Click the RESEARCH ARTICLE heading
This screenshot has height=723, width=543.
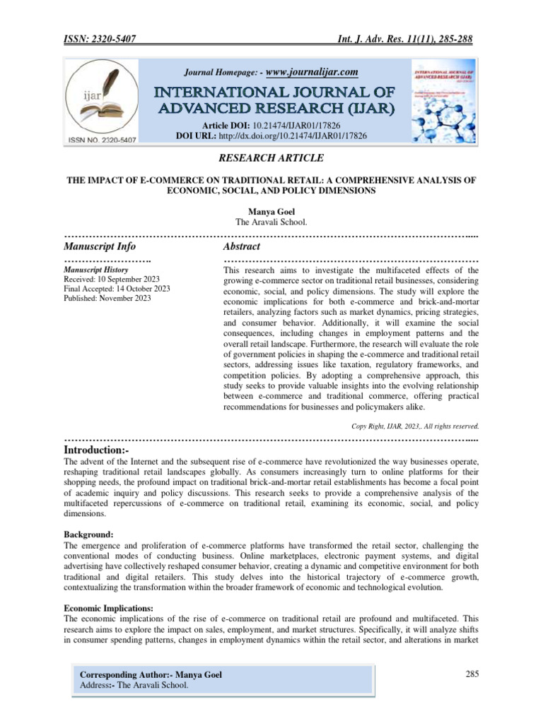pyautogui.click(x=271, y=158)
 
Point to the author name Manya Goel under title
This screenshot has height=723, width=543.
pyautogui.click(x=271, y=211)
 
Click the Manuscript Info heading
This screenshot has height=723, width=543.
pyautogui.click(x=100, y=246)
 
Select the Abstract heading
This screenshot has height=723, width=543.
pyautogui.click(x=241, y=246)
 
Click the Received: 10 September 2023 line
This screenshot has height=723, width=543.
pyautogui.click(x=112, y=279)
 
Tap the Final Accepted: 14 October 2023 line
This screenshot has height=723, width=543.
pyautogui.click(x=117, y=289)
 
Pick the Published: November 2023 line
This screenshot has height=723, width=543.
pyautogui.click(x=107, y=299)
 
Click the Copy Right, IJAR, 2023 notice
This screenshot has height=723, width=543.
pyautogui.click(x=415, y=426)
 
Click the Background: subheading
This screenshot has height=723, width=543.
pyautogui.click(x=88, y=534)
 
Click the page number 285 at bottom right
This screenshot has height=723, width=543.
pyautogui.click(x=473, y=674)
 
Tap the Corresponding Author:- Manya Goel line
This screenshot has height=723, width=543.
pyautogui.click(x=151, y=675)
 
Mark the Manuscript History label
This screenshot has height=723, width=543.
pyautogui.click(x=95, y=270)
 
